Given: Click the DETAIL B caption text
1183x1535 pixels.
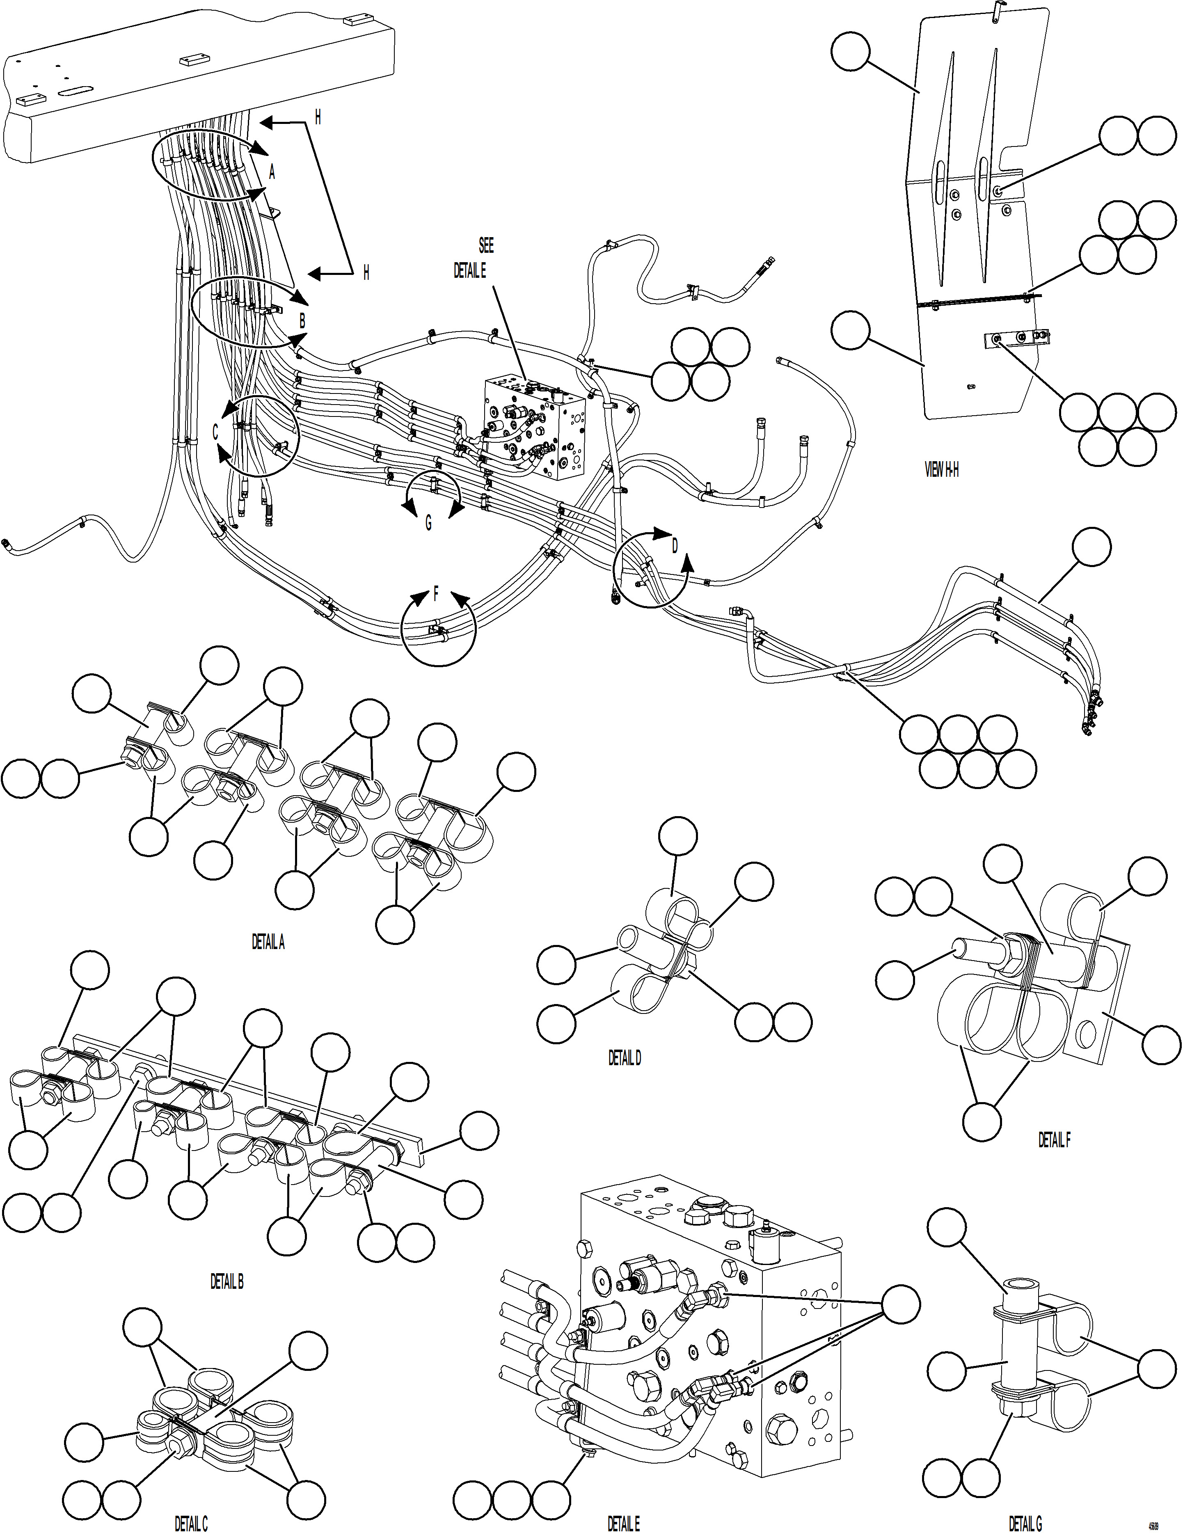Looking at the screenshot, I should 227,1281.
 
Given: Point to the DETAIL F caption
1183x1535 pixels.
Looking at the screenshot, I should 1054,1140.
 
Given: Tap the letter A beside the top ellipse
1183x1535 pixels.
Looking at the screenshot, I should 272,172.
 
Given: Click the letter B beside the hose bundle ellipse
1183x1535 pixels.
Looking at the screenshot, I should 302,321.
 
